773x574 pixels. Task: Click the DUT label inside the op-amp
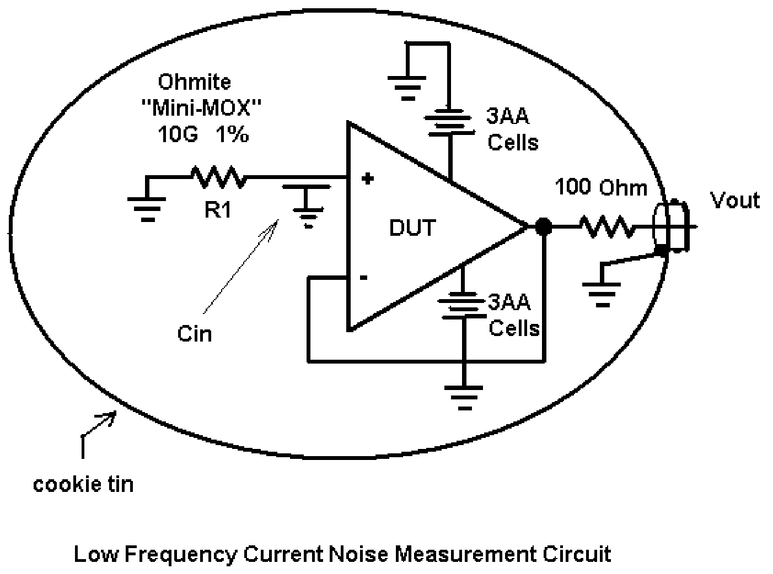click(412, 228)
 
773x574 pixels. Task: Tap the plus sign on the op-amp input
click(367, 179)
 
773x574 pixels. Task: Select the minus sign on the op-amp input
click(363, 278)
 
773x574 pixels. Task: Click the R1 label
click(218, 210)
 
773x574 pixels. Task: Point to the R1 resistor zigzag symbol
click(218, 177)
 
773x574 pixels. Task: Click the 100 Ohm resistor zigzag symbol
click(608, 227)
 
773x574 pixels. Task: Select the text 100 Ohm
click(601, 187)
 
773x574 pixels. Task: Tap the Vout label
click(735, 201)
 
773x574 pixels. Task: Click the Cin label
click(195, 334)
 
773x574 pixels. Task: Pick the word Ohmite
click(195, 82)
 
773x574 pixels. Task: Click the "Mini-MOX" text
click(202, 107)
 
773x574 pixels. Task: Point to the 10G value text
click(178, 134)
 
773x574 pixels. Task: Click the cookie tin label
click(83, 484)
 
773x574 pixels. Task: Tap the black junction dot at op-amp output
click(543, 227)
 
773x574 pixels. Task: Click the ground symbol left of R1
click(147, 209)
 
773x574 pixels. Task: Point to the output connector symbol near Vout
click(671, 226)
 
